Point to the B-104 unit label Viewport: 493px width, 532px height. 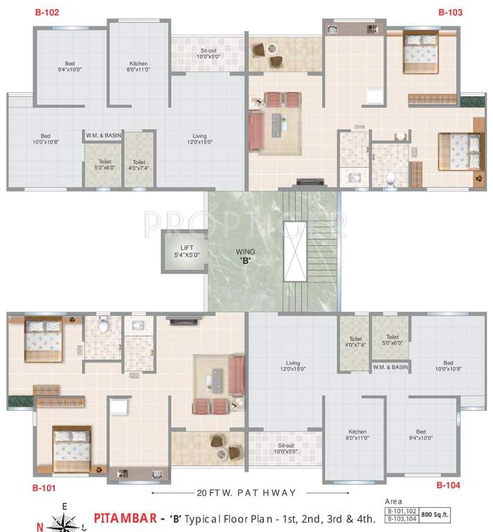(x=448, y=486)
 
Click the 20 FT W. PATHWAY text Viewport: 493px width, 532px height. (x=246, y=493)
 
